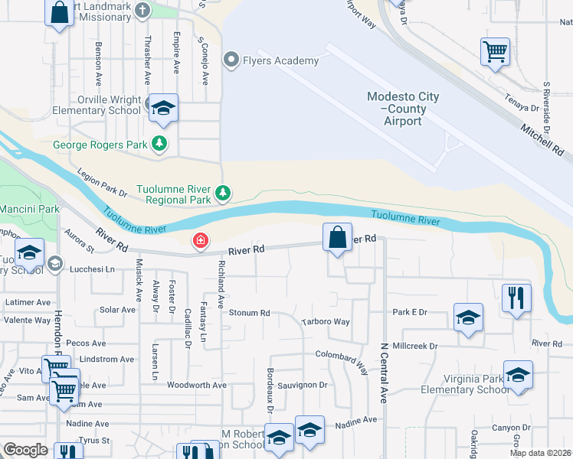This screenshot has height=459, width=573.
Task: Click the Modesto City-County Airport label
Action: (403, 109)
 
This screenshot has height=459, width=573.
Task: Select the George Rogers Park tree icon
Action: (159, 143)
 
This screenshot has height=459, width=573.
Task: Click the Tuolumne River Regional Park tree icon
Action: (223, 193)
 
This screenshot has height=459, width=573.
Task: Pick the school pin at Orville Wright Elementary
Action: (163, 109)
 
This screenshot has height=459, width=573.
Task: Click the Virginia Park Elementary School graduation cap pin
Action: (518, 375)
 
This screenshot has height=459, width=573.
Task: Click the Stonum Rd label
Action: (250, 313)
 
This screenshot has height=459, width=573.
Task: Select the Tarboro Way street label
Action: (326, 322)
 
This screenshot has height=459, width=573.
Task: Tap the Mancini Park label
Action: (29, 208)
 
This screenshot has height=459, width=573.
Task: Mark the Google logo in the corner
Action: (26, 450)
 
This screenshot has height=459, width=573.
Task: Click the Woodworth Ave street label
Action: (197, 386)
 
